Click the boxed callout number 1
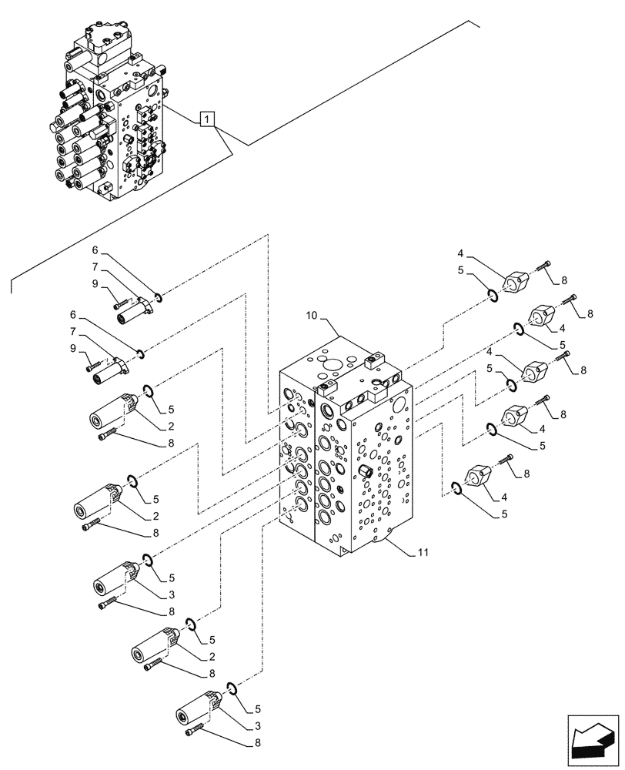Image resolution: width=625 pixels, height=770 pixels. click(x=206, y=119)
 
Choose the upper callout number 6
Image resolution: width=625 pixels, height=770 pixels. click(x=95, y=251)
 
